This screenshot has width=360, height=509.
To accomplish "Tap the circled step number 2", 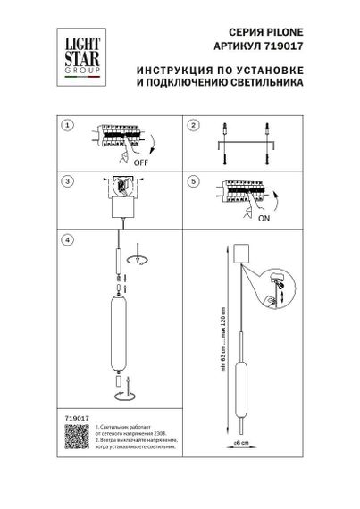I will point(194,126).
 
